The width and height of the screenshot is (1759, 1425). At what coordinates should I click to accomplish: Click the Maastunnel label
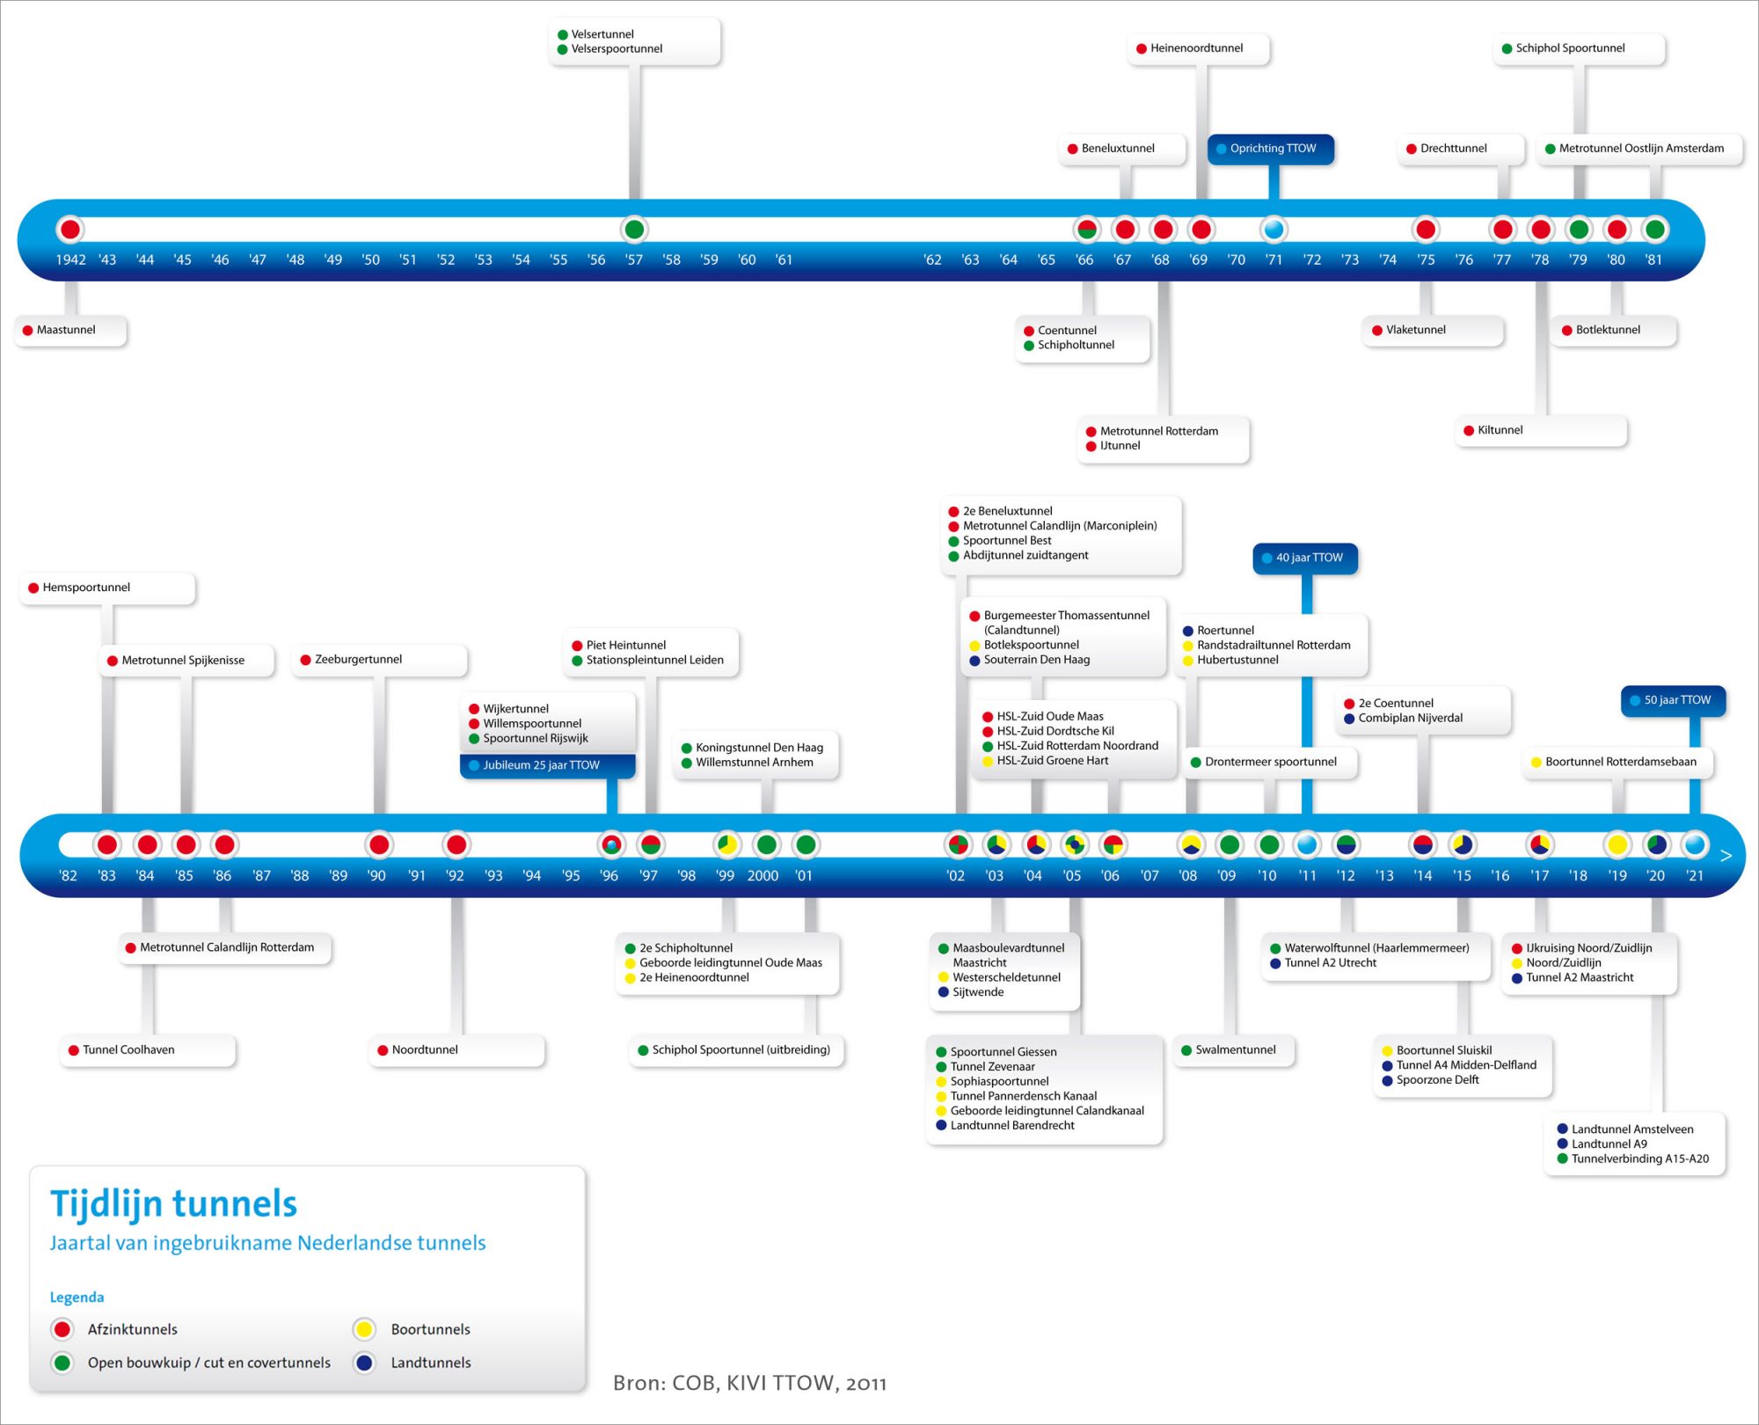click(x=67, y=330)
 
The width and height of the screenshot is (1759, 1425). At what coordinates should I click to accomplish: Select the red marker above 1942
click(x=69, y=230)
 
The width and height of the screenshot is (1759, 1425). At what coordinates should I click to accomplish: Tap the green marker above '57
click(x=633, y=230)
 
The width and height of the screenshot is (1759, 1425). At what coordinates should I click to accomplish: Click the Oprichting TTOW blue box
click(x=1272, y=149)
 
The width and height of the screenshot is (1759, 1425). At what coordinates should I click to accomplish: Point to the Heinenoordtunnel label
click(x=1196, y=48)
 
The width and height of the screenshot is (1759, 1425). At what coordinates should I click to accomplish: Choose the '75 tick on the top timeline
click(x=1426, y=259)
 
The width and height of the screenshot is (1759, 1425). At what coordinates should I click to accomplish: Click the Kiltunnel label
click(x=1500, y=430)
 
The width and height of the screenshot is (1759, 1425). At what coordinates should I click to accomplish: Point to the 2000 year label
click(x=763, y=876)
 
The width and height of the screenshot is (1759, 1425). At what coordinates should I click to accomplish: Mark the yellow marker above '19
click(x=1617, y=844)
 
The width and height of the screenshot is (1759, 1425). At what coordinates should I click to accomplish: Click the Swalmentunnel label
click(x=1235, y=1049)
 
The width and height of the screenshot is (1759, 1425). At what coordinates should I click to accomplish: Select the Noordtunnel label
click(x=425, y=1049)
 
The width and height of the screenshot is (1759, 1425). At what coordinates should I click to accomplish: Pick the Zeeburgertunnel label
click(x=358, y=659)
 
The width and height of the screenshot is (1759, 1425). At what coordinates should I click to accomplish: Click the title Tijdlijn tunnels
click(x=174, y=1203)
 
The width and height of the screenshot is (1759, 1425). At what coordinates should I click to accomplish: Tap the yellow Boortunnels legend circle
click(x=364, y=1329)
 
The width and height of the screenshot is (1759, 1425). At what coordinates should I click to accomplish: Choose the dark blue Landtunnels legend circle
click(x=364, y=1363)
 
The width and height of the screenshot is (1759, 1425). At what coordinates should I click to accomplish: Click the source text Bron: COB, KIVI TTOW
click(x=749, y=1383)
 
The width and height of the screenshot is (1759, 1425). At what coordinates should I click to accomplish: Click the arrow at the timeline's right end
click(x=1726, y=856)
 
